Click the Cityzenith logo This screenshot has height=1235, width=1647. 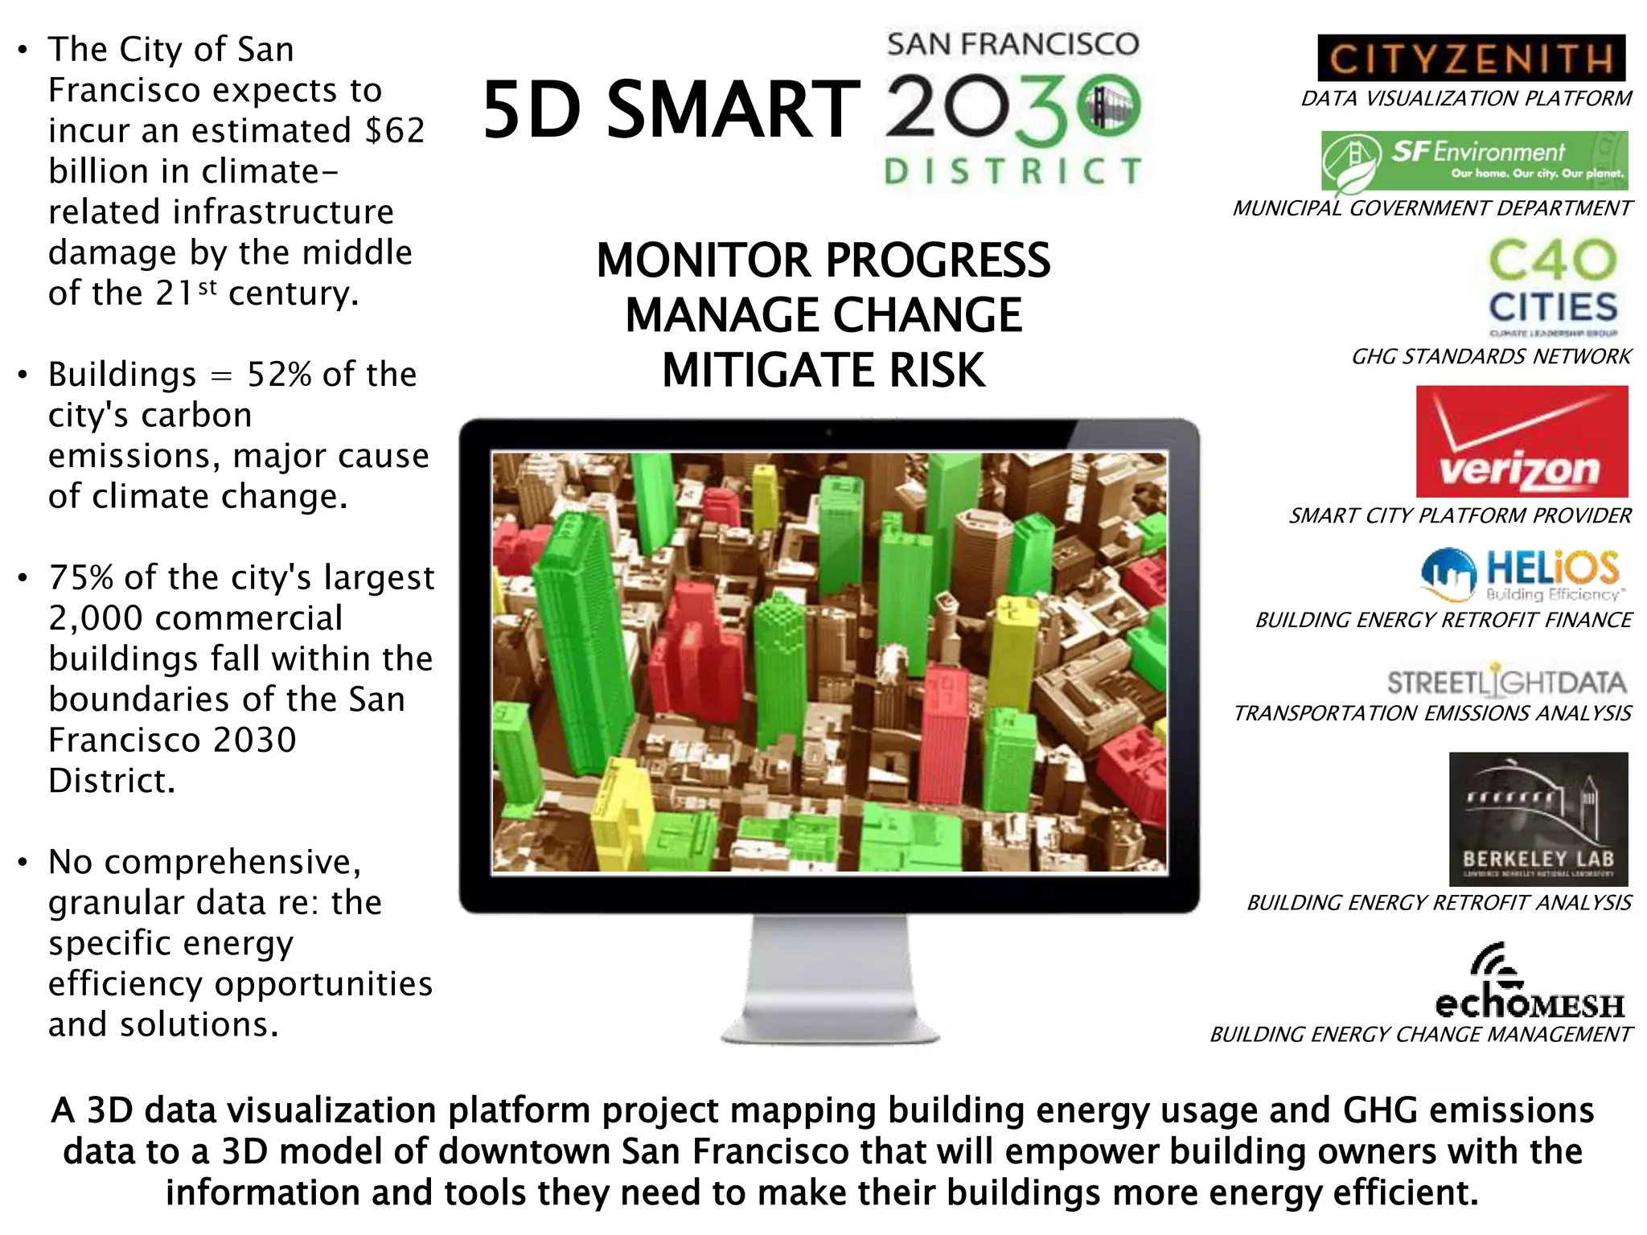pyautogui.click(x=1471, y=58)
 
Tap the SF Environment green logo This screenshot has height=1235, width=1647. pyautogui.click(x=1474, y=161)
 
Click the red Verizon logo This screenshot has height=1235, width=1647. pyautogui.click(x=1522, y=441)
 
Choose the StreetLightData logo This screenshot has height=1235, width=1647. pyautogui.click(x=1506, y=682)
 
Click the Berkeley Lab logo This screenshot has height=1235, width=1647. pyautogui.click(x=1538, y=819)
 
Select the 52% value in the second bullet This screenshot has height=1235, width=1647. pyautogui.click(x=278, y=375)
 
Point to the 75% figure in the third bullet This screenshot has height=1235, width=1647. pyautogui.click(x=80, y=577)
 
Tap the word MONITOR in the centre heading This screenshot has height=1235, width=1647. pyautogui.click(x=704, y=261)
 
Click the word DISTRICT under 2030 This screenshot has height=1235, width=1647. pyautogui.click(x=1012, y=170)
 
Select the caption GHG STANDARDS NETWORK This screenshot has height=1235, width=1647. pyautogui.click(x=1491, y=356)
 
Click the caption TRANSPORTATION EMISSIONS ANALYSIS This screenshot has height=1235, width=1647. pyautogui.click(x=1432, y=713)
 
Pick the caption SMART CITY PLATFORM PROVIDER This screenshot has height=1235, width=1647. pyautogui.click(x=1460, y=515)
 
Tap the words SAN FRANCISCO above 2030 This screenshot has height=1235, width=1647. pyautogui.click(x=1012, y=44)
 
